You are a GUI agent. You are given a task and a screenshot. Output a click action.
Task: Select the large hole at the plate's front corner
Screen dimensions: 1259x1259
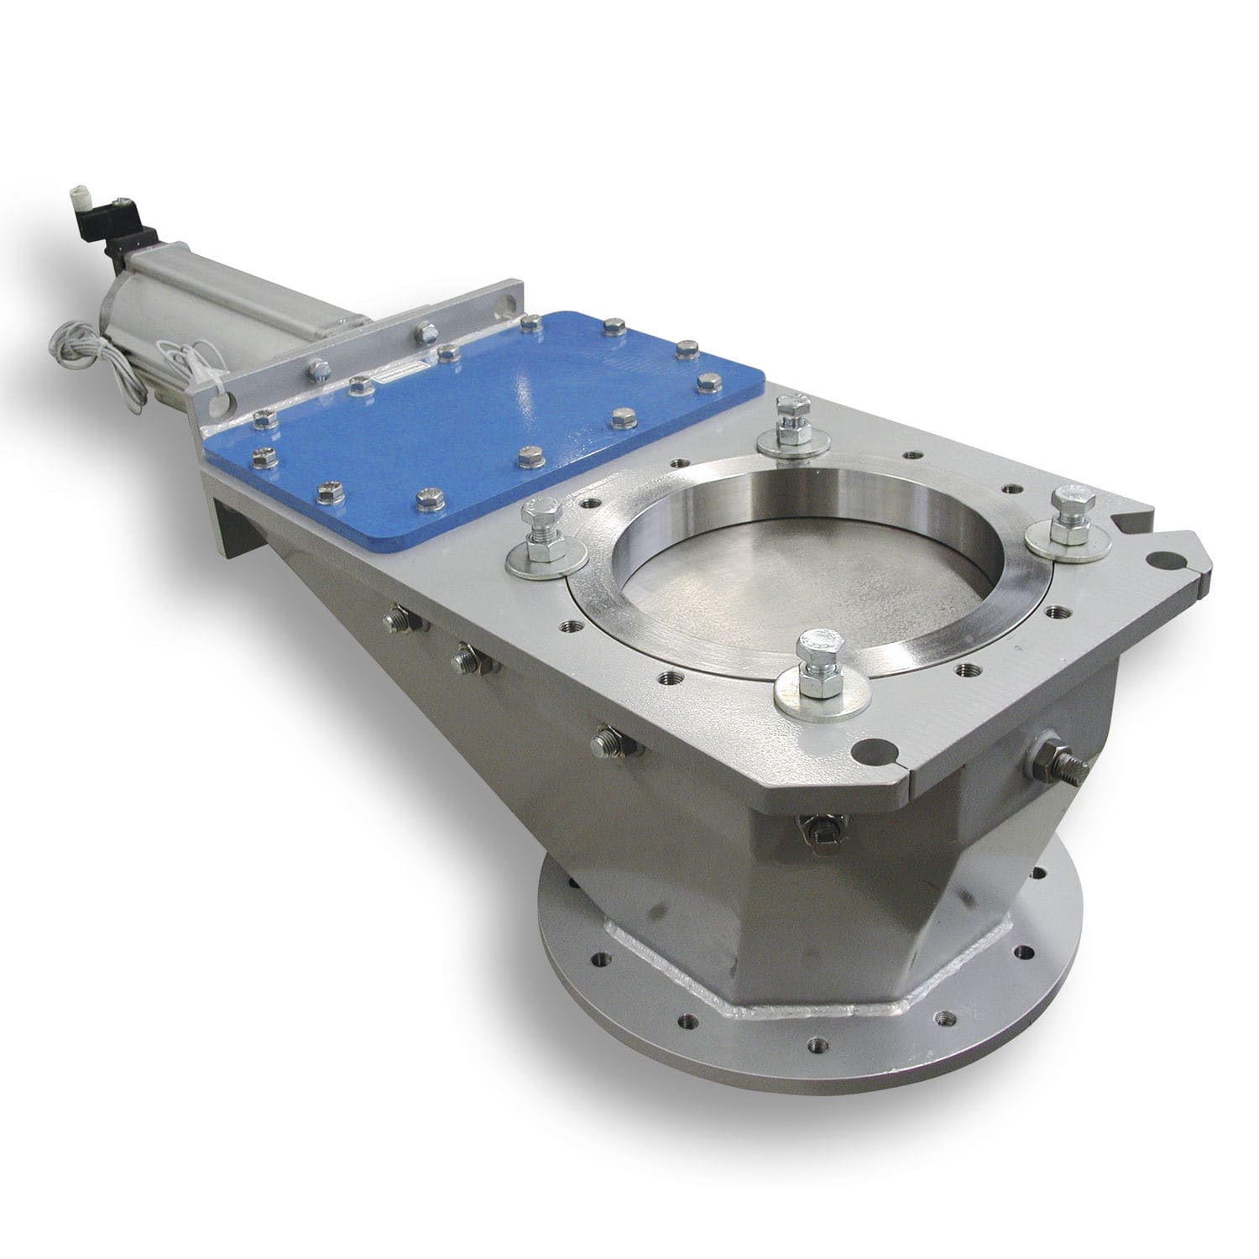coord(874,746)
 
